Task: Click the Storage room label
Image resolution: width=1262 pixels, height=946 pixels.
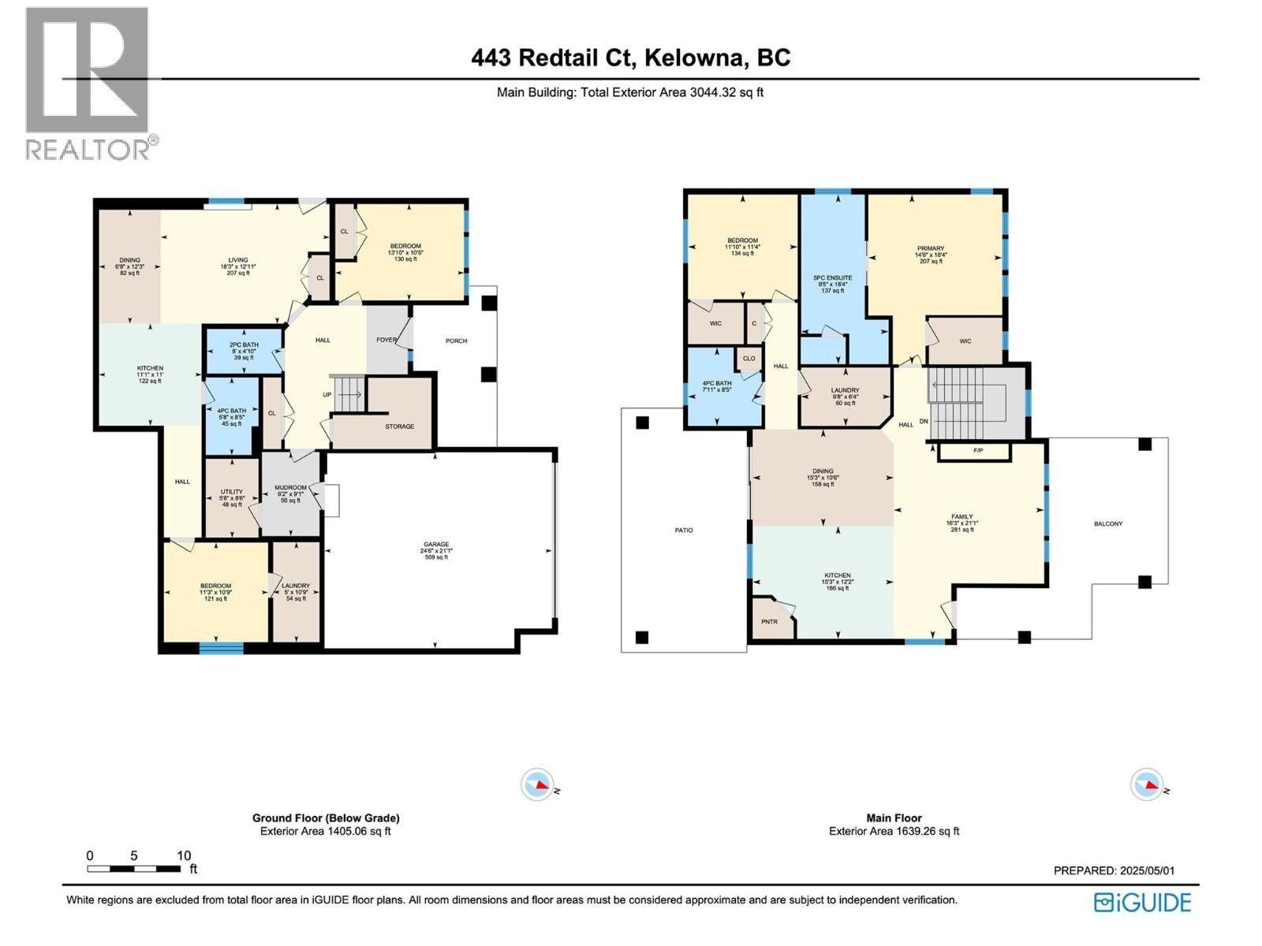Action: click(399, 426)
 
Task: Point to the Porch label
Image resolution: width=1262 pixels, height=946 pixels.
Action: click(456, 341)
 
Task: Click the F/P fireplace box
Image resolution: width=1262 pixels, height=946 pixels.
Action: click(978, 451)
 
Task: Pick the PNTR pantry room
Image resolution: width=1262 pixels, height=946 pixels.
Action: click(769, 621)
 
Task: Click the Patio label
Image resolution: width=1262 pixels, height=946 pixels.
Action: click(684, 531)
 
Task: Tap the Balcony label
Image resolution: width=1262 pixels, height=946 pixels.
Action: click(1108, 524)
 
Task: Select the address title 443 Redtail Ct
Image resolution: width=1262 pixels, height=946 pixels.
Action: click(631, 58)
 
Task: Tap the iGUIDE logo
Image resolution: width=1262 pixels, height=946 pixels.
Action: click(1143, 903)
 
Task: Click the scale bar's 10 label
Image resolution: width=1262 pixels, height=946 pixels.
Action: click(183, 856)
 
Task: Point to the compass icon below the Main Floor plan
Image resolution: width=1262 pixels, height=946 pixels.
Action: click(1147, 784)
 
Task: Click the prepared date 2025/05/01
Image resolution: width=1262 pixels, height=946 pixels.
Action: click(1147, 871)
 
